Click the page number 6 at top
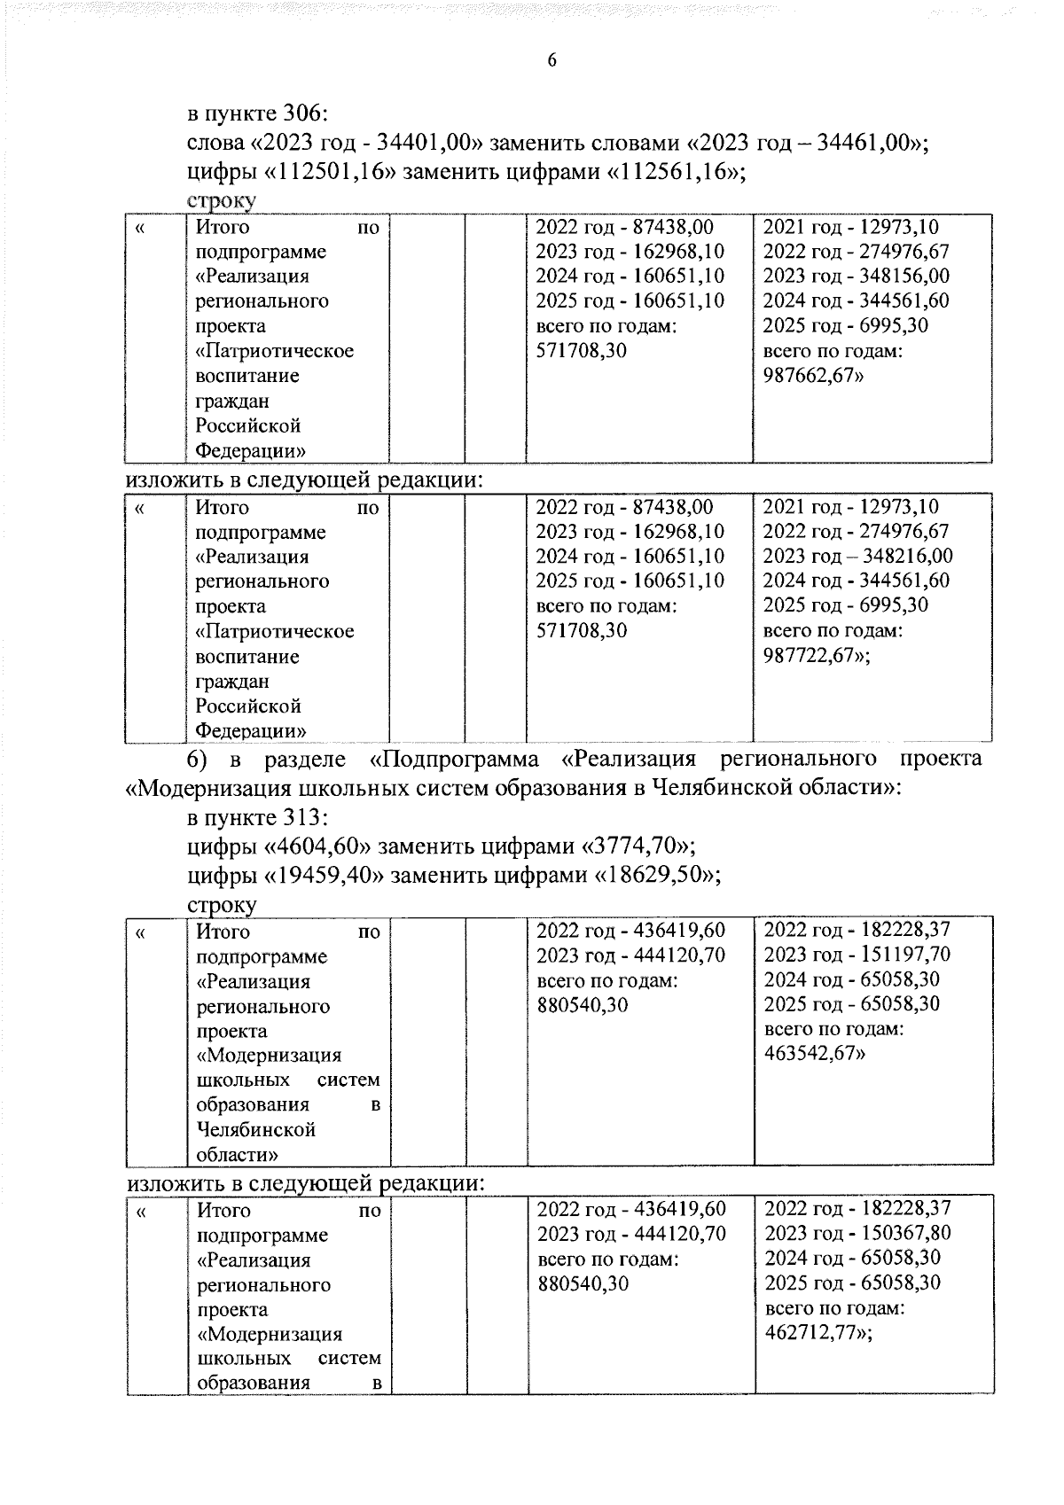[552, 60]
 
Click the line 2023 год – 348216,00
[857, 556]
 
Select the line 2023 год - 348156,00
[856, 276]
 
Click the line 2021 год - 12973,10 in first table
[850, 227]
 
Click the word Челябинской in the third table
[256, 1130]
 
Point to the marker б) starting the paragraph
[197, 760]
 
